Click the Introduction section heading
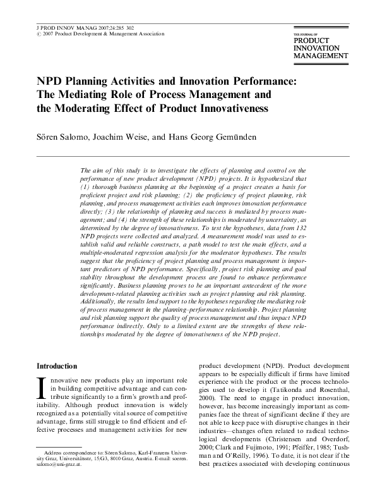coord(57,366)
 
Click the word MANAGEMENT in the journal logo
coord(321,55)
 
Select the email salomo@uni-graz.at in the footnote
coord(54,484)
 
